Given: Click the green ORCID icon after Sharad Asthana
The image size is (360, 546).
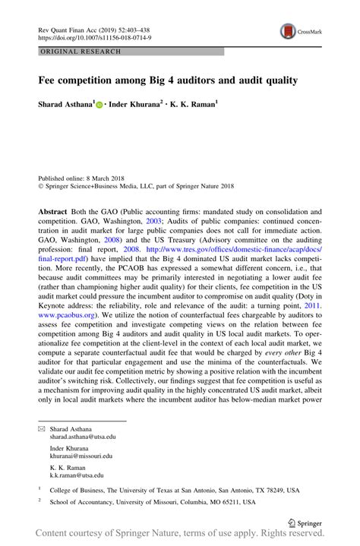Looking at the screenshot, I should (99, 103).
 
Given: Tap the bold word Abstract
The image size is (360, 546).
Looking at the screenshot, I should (56, 211).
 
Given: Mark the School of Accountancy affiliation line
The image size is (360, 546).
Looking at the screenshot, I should (152, 503).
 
